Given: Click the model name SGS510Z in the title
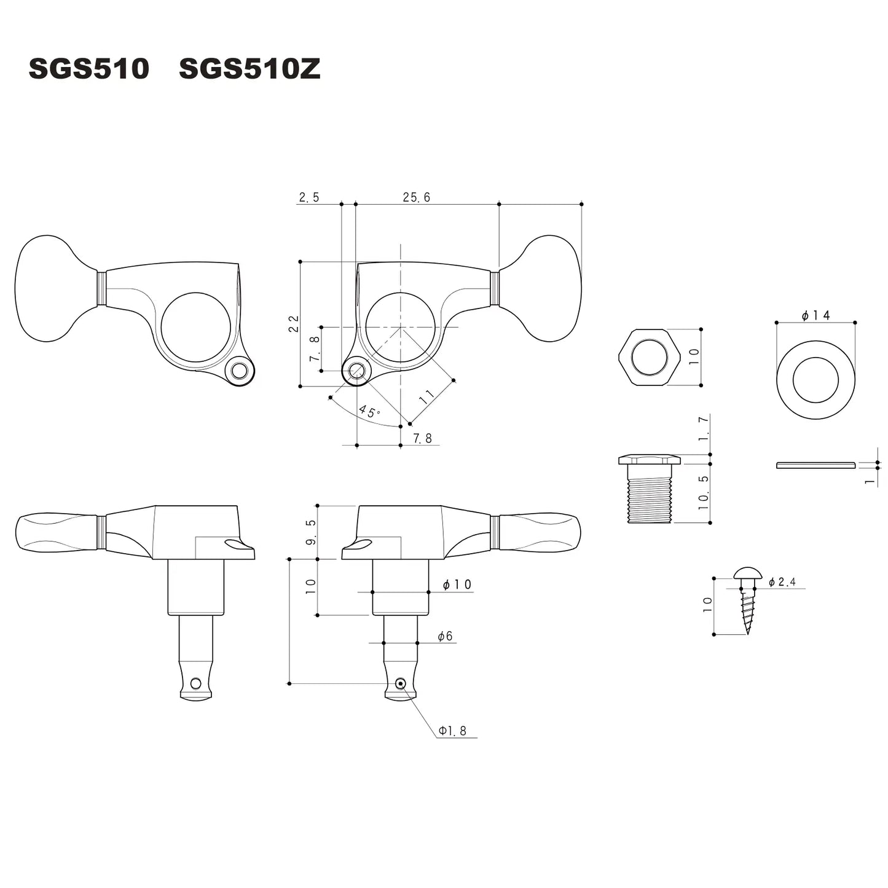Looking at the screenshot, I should coord(250,69).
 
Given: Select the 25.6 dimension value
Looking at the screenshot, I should coord(416,197).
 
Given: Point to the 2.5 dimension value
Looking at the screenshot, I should coord(308,197).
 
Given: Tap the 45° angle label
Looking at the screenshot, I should coord(369,411).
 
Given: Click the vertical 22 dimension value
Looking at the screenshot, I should coord(294,324).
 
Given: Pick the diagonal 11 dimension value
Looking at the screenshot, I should coord(426,396).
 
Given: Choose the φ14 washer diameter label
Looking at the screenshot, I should coord(815,315).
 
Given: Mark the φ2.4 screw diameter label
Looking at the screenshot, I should coord(782,581).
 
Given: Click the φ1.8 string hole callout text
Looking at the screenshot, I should coord(452,731).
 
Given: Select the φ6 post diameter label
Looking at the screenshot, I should coord(445,636).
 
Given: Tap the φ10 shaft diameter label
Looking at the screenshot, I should coord(457,584).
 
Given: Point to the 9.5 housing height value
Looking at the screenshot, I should coord(311,532).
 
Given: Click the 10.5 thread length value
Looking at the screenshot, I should coord(704,492).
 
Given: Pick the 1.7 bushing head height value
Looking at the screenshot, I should coord(704,428).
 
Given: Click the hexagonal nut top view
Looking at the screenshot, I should coord(649,357).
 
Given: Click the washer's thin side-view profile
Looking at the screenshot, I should coord(815,465).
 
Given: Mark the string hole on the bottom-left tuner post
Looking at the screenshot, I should coord(195,683).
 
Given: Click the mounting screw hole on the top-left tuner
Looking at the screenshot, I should coord(239,371).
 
